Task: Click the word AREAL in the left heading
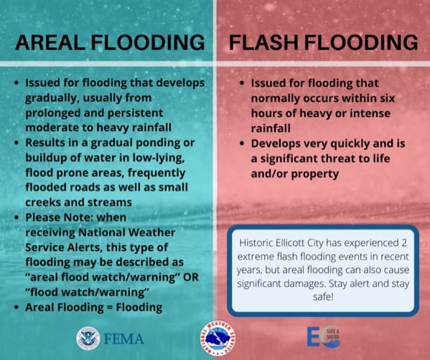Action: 50,42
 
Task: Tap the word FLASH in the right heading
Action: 263,42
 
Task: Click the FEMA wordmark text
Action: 123,339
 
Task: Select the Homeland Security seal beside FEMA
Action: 88,338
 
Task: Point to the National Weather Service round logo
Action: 218,338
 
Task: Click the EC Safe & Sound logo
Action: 324,337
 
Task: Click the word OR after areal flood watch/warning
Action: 191,278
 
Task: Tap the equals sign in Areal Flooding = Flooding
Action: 109,308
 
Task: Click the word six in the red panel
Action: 387,98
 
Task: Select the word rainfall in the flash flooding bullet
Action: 271,128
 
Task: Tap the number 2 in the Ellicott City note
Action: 403,243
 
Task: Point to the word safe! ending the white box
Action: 323,297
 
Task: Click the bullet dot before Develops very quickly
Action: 242,143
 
